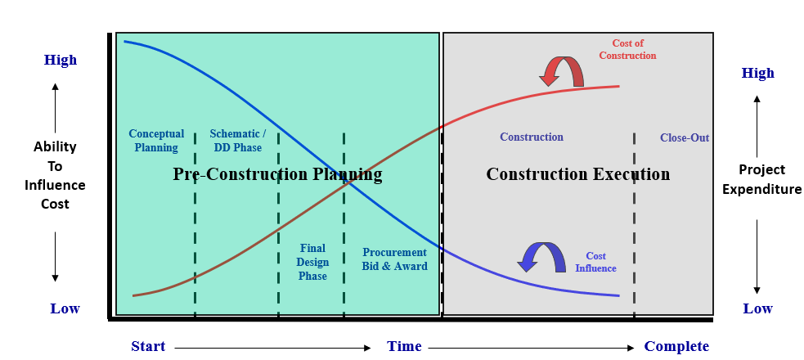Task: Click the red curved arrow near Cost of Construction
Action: [561, 71]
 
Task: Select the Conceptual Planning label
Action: [156, 141]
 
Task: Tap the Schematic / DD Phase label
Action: [237, 141]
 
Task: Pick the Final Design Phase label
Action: [312, 262]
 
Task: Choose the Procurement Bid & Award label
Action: [394, 259]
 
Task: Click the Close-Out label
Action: [685, 137]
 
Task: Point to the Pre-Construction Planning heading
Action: [277, 174]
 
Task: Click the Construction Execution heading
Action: [577, 174]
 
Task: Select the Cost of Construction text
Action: [627, 49]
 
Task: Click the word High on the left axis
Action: [61, 60]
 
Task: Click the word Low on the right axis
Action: [757, 308]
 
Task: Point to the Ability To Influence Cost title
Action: [55, 175]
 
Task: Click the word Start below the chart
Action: [148, 346]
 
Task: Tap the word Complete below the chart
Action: [676, 346]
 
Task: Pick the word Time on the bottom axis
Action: [404, 346]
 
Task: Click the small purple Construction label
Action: [532, 137]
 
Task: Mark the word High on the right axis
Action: [757, 73]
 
